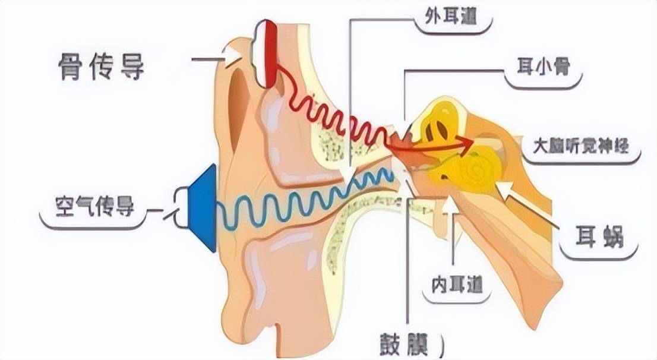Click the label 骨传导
(x=101, y=66)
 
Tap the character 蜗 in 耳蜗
(x=612, y=237)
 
